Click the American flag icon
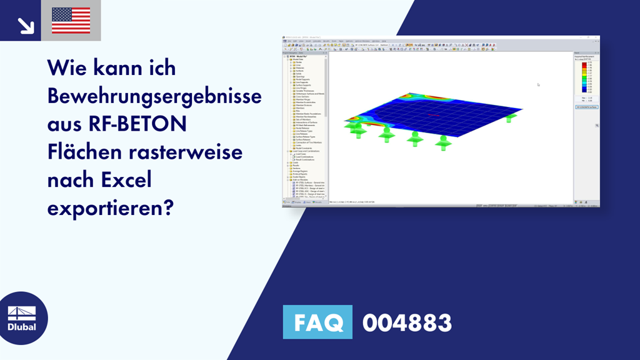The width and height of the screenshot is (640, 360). tap(71, 21)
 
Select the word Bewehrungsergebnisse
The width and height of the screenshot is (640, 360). tap(154, 96)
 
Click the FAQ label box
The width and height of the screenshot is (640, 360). tap(317, 322)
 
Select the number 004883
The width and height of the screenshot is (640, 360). tap(407, 323)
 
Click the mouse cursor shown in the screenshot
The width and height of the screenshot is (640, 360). tap(538, 84)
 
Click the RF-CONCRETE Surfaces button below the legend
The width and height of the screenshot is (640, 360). tap(586, 107)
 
